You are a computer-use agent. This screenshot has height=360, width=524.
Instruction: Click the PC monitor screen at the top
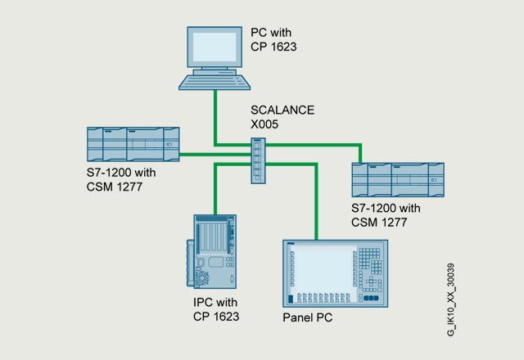coord(215,47)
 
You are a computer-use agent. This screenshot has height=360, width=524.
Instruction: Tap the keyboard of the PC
coord(215,82)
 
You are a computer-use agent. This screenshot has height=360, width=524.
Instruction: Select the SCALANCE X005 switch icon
coord(259,160)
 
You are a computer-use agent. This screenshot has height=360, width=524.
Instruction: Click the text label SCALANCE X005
coord(282,117)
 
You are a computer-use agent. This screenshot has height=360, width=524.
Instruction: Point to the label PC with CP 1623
coord(273,40)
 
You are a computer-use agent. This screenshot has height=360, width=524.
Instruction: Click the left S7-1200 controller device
coord(133,144)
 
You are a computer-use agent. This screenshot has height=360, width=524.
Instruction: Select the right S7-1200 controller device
coord(398,180)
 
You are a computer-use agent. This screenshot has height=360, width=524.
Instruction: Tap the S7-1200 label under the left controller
coord(121,180)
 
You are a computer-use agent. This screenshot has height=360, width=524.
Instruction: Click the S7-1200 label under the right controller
coord(386,215)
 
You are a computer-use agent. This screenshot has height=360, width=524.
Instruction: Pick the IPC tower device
coord(211,251)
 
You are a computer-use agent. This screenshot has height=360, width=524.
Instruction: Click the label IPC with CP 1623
coord(216,309)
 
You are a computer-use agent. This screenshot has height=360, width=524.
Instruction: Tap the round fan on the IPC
coord(202,279)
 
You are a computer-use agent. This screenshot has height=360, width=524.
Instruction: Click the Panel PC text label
coord(308,317)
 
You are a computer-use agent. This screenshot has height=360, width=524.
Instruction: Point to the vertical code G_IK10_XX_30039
coord(451,300)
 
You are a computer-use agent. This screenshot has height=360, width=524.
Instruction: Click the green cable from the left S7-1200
coord(215,155)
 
